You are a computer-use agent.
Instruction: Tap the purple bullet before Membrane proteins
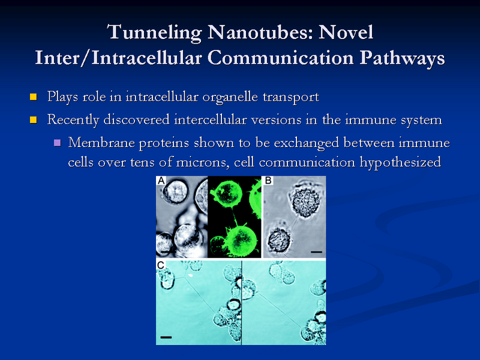coord(57,143)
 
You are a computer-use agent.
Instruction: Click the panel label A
coord(161,181)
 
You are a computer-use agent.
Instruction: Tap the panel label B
coord(268,181)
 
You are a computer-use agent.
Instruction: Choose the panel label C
coord(161,265)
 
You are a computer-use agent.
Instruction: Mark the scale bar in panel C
coord(167,337)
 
